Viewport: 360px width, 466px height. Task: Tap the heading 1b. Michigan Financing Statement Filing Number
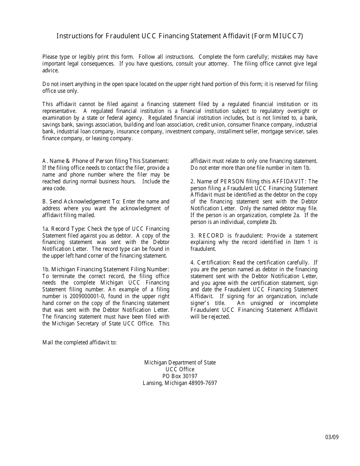point(106,269)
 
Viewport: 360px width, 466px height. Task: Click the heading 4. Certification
point(210,263)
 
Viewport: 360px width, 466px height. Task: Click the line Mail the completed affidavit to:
point(80,342)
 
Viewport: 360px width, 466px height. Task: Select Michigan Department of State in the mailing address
point(180,363)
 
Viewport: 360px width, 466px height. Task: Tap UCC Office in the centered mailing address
point(180,369)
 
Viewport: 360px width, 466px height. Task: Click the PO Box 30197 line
point(180,376)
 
